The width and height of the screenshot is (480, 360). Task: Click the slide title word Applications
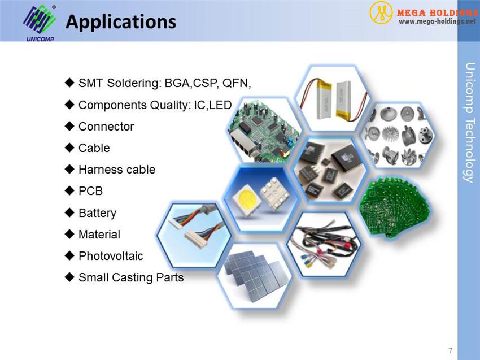[x=121, y=21]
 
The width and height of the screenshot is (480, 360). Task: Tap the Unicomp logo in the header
[x=40, y=23]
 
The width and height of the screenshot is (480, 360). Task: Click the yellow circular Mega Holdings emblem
[x=381, y=12]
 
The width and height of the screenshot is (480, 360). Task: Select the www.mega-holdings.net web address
[x=437, y=21]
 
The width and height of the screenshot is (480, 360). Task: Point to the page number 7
[x=450, y=350]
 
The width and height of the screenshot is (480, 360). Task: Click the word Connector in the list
[x=106, y=127]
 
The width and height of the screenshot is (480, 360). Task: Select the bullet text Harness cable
[x=117, y=170]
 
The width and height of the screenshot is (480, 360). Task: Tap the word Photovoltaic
[x=111, y=256]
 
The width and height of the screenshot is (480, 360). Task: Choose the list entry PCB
[x=90, y=191]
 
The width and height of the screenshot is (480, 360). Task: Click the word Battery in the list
[x=97, y=213]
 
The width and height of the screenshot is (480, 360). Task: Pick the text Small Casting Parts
[x=131, y=277]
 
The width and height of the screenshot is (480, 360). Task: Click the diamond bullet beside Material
[x=69, y=234]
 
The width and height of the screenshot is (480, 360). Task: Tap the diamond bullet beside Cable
[x=69, y=148]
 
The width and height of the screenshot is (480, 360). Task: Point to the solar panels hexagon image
[x=255, y=276]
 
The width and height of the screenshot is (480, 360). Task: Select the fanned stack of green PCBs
[x=395, y=207]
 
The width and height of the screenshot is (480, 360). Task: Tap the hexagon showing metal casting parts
[x=398, y=136]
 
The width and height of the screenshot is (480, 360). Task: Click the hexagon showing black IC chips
[x=330, y=170]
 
